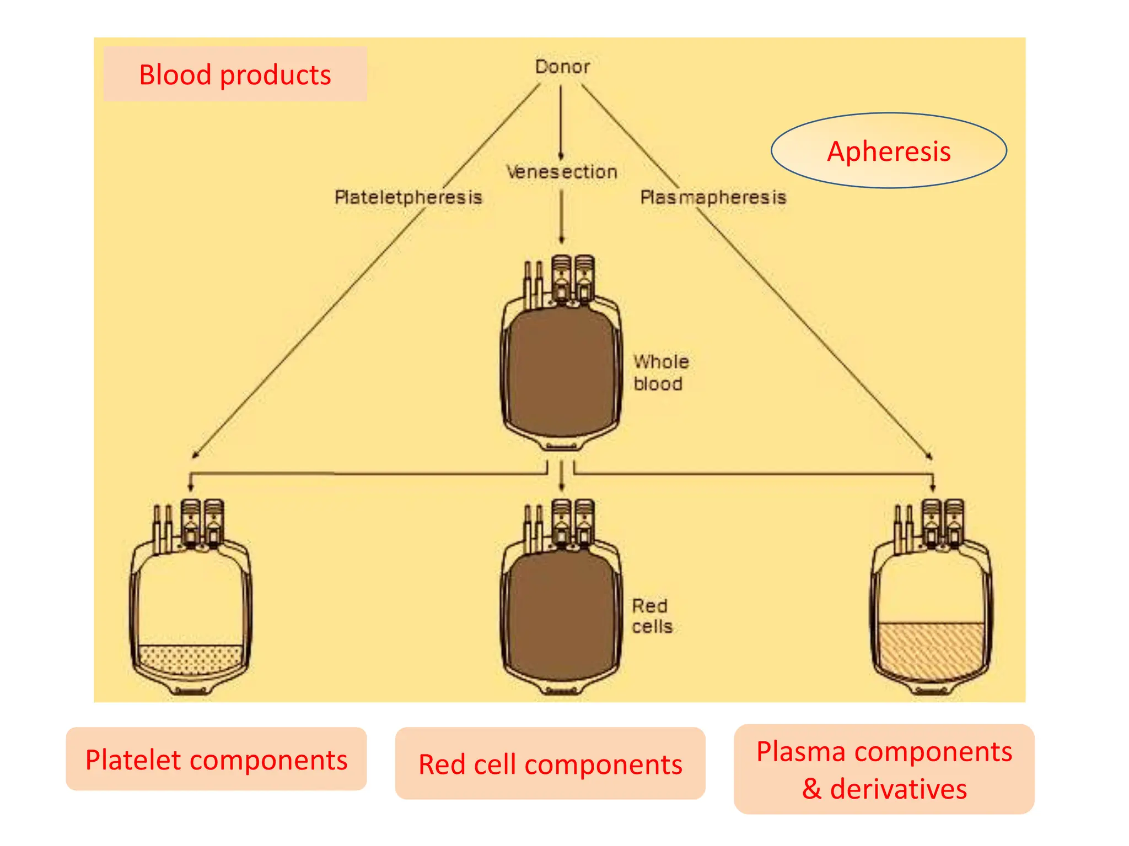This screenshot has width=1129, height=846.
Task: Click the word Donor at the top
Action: (x=562, y=67)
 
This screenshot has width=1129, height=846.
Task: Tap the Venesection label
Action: (x=562, y=172)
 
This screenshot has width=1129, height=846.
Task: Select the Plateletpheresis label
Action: (x=408, y=197)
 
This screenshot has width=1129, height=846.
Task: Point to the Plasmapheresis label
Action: (x=713, y=197)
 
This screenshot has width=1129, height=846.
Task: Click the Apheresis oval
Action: (x=888, y=151)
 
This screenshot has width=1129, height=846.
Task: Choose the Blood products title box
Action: (x=235, y=74)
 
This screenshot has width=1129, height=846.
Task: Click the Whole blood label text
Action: (x=660, y=373)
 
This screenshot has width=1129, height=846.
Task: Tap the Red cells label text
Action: (x=652, y=616)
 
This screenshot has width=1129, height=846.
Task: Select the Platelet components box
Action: (x=216, y=760)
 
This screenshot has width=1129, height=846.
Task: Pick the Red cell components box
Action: (x=550, y=764)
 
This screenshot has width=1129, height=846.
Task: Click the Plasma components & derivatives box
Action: (x=884, y=769)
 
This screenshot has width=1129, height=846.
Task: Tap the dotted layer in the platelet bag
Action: (x=190, y=659)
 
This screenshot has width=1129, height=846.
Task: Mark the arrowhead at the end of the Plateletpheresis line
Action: (x=195, y=455)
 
